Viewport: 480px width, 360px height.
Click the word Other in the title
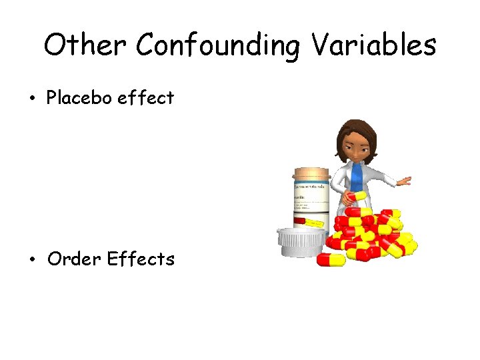click(x=85, y=45)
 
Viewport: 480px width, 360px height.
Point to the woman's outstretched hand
click(x=403, y=181)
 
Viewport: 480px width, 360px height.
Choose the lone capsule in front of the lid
click(x=331, y=259)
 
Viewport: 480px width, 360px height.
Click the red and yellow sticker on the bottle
click(x=309, y=221)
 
